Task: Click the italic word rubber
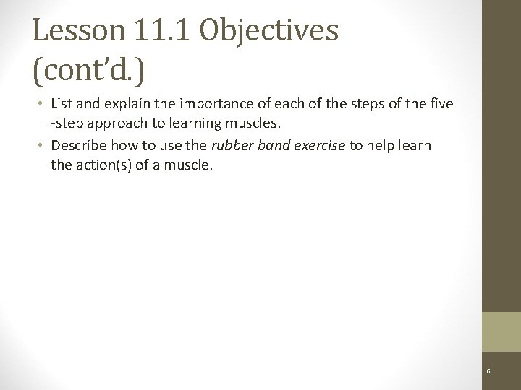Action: tap(229, 145)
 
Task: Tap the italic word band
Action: tap(267, 145)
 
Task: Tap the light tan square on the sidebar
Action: tap(501, 331)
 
